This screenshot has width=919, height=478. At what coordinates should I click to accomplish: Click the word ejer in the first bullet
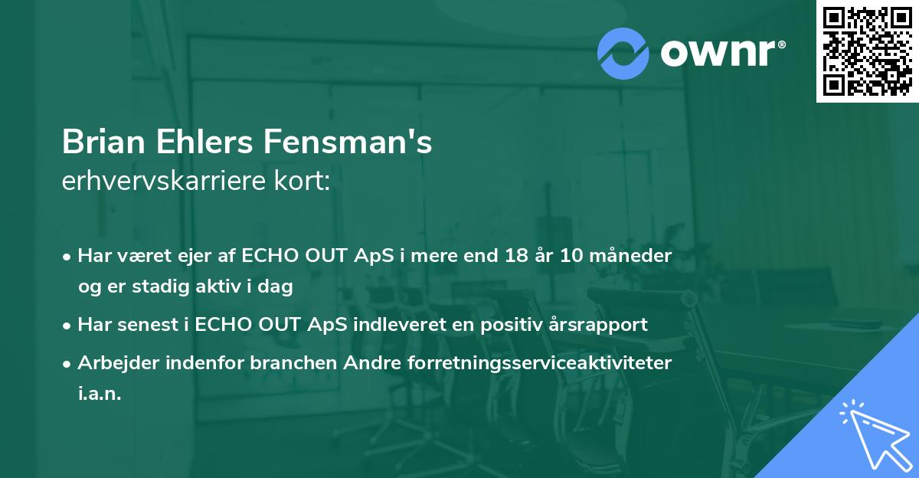[x=182, y=256]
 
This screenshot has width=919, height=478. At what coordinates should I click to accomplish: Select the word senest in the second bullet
[x=143, y=325]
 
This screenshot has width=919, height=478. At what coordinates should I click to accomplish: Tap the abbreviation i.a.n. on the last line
[x=100, y=394]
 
